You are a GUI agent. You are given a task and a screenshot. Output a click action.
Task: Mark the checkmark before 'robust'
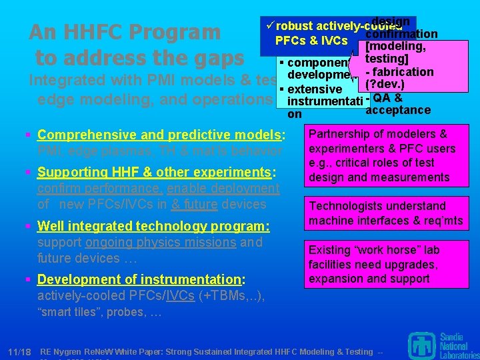coord(269,26)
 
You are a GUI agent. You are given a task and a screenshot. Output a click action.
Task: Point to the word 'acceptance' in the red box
coord(399,110)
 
